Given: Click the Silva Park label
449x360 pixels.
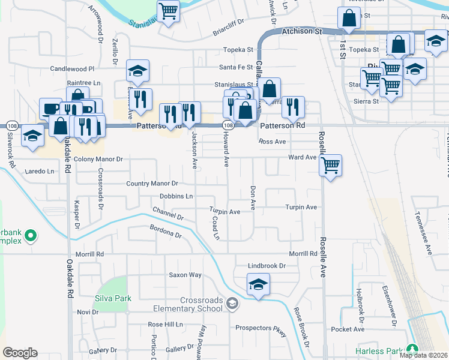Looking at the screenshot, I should point(112,298).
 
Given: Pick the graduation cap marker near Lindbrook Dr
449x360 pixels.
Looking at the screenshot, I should point(258,283).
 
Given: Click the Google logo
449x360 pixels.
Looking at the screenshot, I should point(20,353).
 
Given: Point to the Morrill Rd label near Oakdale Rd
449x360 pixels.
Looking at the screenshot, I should point(91,254).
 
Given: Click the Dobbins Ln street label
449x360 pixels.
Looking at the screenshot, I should point(176,196).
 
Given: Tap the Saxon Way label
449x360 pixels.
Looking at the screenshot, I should point(185,275).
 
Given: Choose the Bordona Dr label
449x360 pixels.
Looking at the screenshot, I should point(165,232).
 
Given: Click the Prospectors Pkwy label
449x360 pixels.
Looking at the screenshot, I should point(261,328).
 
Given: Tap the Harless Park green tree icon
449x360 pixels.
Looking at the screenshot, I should point(412,349).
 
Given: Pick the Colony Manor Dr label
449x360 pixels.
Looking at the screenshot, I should point(98,160).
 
